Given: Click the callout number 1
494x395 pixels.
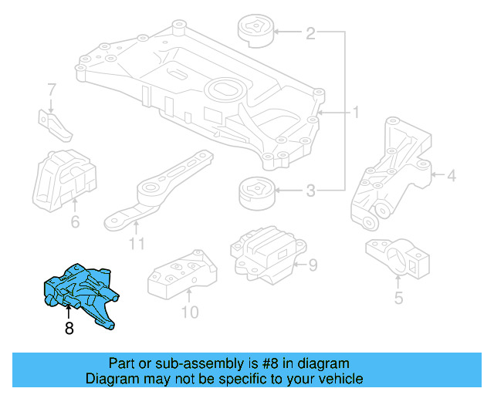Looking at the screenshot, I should [x=356, y=113].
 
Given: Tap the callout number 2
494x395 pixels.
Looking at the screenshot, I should [x=310, y=33].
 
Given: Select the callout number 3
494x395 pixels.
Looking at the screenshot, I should [x=310, y=191].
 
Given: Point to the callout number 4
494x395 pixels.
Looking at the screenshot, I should [x=452, y=176].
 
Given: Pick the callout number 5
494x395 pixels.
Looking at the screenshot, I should [x=398, y=297].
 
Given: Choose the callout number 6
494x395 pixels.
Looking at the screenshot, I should [x=75, y=222].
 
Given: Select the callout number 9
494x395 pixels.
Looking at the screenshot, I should [x=313, y=266].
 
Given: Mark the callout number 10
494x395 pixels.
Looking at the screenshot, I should [x=190, y=312].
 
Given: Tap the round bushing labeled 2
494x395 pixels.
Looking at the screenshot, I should [x=255, y=33].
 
